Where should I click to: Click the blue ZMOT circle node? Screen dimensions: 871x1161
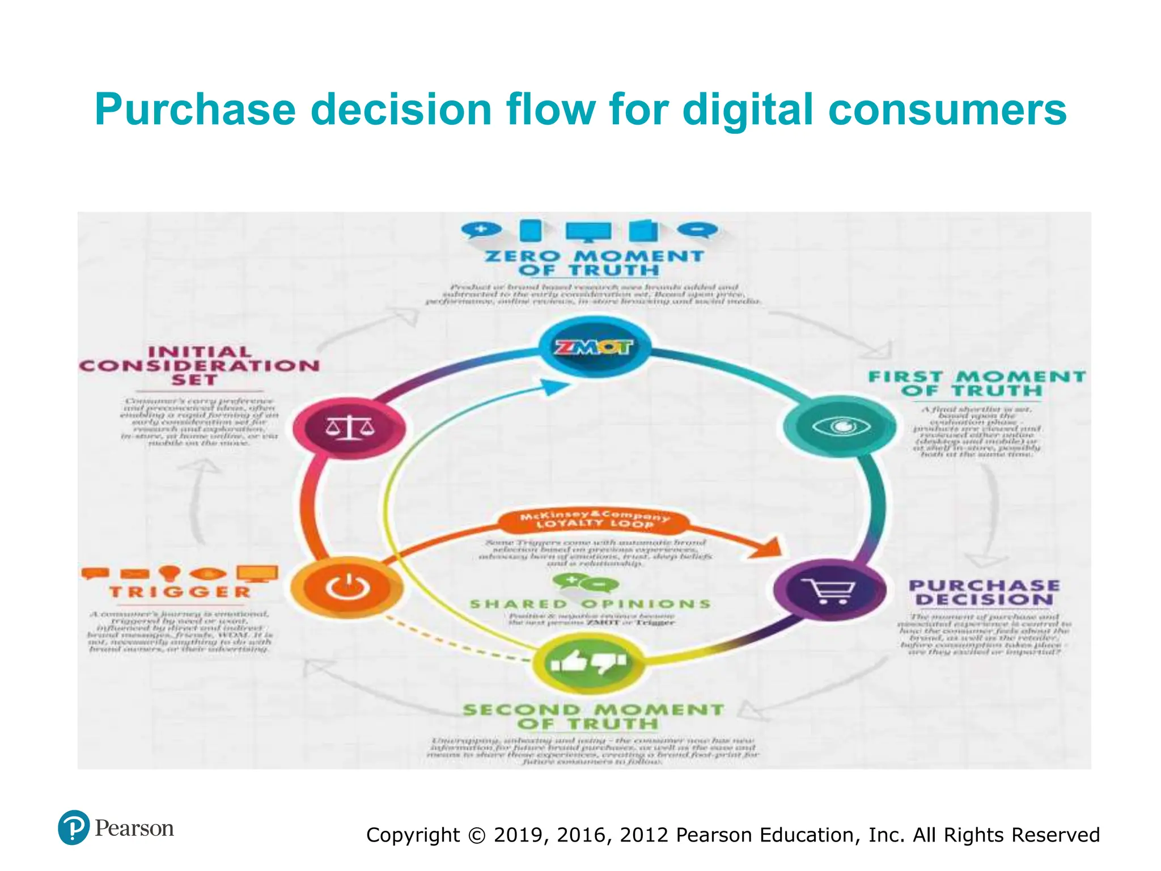coord(594,347)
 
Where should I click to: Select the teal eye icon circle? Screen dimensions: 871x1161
coord(840,426)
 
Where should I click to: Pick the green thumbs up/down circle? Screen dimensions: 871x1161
coord(588,661)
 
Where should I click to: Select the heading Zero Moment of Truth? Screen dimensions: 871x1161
coord(594,263)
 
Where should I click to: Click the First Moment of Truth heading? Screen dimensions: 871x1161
coord(976,384)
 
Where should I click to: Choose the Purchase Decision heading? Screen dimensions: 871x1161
coord(984,593)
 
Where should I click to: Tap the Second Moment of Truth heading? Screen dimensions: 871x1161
coord(594,717)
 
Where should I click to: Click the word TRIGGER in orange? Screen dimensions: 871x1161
coord(180,592)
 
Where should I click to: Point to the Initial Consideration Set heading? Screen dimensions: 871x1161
coord(199,366)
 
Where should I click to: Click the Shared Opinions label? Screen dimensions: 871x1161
coord(590,604)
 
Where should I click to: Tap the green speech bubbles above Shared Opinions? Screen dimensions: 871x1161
coord(586,582)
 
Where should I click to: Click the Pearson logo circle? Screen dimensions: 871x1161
coord(74,827)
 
